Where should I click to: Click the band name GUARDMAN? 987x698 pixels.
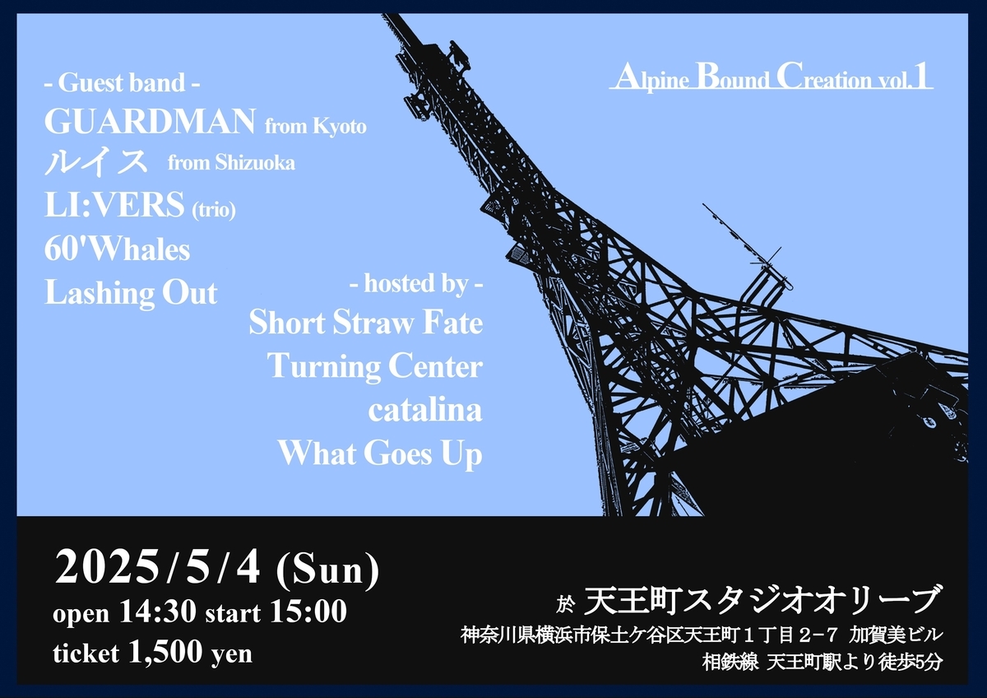[x=150, y=121]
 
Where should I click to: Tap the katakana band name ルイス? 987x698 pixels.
[x=95, y=162]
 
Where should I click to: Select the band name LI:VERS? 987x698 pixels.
[x=114, y=204]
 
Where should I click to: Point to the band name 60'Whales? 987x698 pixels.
[x=117, y=249]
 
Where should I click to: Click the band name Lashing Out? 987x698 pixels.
[x=132, y=293]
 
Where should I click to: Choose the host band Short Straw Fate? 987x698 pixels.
[x=366, y=323]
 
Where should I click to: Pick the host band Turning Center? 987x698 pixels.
[x=375, y=367]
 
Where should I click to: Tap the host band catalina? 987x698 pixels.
[x=425, y=410]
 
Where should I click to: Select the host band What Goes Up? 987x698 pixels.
[x=380, y=454]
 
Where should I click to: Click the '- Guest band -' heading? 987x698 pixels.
[x=122, y=82]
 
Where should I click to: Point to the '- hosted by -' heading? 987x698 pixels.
[x=416, y=283]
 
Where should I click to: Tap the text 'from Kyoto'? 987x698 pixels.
[x=316, y=127]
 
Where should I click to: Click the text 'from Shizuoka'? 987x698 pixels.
[x=231, y=163]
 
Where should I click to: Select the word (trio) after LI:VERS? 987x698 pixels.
[x=214, y=210]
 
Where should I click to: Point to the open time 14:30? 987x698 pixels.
[x=158, y=612]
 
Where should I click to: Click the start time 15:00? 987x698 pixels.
[x=308, y=612]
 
